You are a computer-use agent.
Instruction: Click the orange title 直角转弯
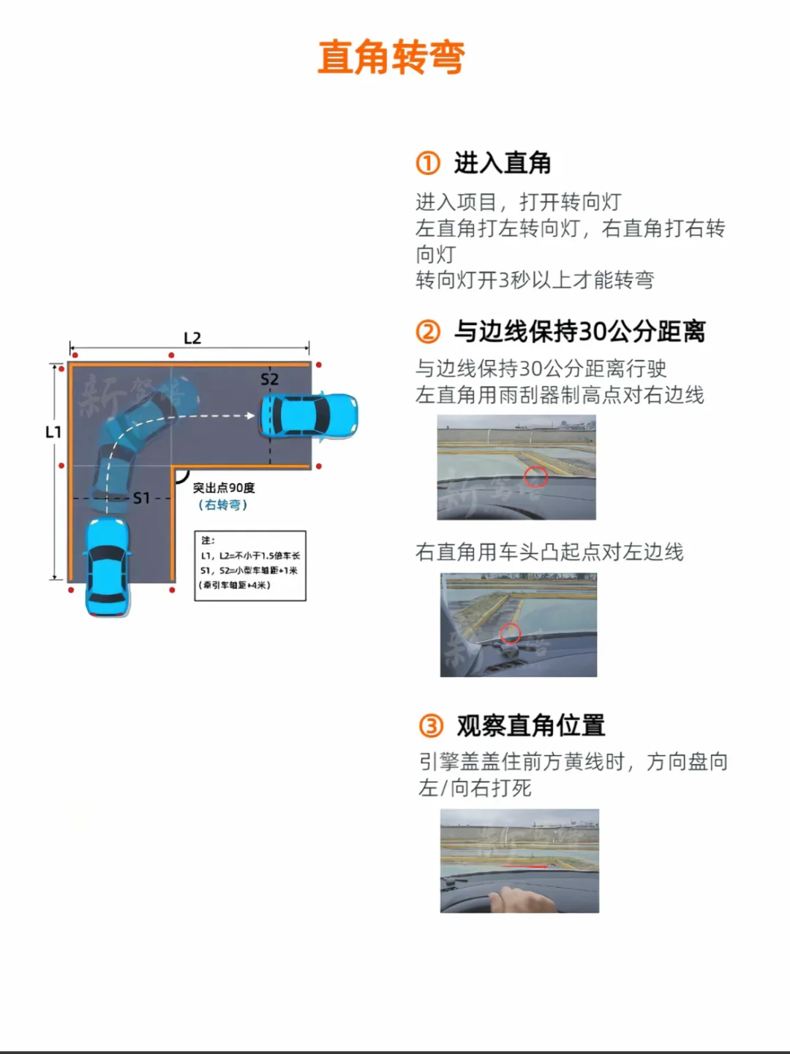391,58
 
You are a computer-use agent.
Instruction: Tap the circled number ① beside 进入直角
428,162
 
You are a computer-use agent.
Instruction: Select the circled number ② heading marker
428,332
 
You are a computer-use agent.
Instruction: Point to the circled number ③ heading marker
431,725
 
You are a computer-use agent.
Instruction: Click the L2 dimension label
192,338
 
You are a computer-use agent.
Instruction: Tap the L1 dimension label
53,432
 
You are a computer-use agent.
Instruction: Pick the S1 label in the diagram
141,498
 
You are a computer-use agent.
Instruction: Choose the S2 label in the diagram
269,379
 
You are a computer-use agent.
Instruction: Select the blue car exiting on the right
309,416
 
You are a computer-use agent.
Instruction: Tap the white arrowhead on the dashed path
250,416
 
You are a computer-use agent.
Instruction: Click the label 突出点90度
224,487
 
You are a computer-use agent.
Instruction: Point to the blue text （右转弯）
223,505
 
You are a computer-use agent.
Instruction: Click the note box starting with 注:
250,565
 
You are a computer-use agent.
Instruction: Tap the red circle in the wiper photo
535,477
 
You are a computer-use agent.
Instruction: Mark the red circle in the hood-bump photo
510,633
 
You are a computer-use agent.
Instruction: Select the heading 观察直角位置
531,725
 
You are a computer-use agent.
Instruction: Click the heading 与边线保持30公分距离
579,332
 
